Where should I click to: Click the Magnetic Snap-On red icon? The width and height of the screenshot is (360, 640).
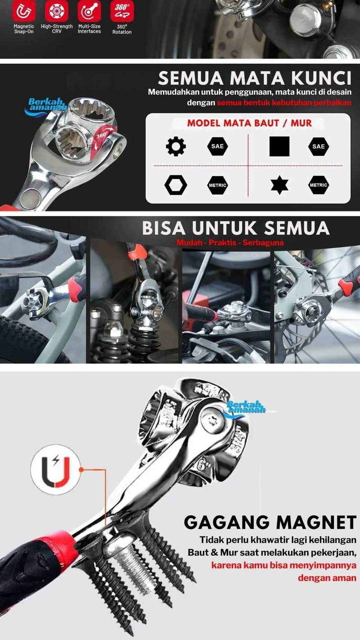click(x=24, y=10)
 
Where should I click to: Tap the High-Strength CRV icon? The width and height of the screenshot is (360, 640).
click(x=57, y=10)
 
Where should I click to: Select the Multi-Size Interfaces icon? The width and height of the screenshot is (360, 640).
click(x=90, y=10)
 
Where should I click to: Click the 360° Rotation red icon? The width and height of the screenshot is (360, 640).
click(x=122, y=10)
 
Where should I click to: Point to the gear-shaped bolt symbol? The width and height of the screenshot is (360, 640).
click(x=175, y=146)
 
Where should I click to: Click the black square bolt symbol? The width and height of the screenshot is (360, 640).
click(x=279, y=146)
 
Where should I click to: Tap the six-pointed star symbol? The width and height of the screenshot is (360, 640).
click(x=279, y=185)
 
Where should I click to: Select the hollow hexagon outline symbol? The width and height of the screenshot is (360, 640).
click(x=175, y=185)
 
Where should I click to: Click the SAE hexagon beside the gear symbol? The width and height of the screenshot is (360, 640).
click(x=217, y=146)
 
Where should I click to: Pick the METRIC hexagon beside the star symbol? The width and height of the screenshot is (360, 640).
click(x=319, y=185)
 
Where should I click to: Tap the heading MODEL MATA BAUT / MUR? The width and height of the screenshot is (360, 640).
click(x=249, y=123)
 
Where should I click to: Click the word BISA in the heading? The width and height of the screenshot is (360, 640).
click(x=164, y=228)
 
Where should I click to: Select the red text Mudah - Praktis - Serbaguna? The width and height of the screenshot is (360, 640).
click(x=230, y=243)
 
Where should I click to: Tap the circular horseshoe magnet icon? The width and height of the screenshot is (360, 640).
click(x=56, y=469)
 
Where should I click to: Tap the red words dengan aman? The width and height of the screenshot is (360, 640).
click(x=327, y=578)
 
